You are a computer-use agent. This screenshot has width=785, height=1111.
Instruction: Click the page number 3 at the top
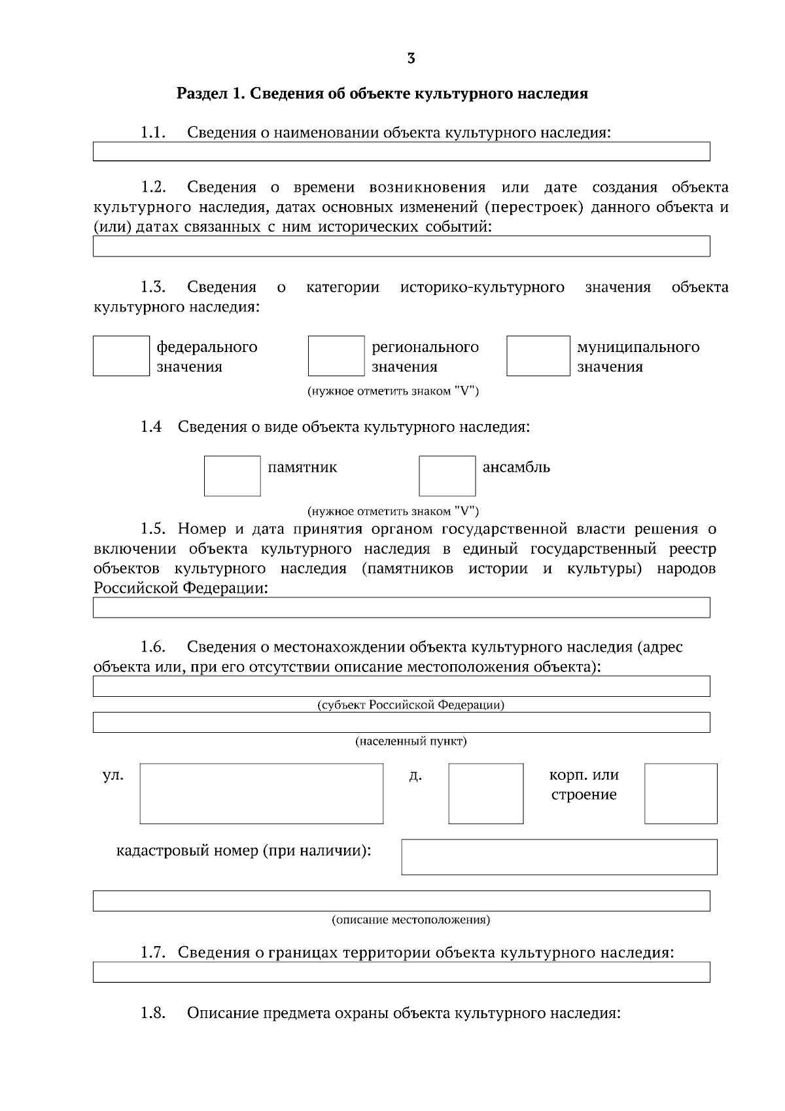point(411,58)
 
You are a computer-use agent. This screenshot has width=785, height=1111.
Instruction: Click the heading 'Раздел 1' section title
point(382,94)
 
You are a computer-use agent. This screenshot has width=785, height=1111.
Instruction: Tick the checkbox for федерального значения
point(121,356)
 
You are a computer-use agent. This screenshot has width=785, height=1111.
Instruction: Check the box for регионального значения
point(336,356)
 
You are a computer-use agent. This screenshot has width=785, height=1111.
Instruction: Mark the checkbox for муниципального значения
point(538,356)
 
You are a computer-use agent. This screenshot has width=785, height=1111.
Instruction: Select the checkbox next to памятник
point(232,476)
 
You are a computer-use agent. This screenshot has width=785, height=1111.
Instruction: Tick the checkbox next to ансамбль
point(447,476)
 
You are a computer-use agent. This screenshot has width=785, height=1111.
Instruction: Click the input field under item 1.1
point(401,151)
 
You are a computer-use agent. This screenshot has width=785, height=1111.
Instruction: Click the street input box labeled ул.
point(261,793)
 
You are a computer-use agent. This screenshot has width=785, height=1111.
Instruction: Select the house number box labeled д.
point(485,793)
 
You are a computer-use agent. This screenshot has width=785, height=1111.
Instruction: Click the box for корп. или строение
point(680,793)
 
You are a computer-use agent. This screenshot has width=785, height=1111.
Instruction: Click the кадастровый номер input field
point(559,856)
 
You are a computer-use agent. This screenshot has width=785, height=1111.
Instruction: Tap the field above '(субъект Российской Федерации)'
point(401,686)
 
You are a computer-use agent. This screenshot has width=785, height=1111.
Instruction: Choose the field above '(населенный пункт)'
point(401,722)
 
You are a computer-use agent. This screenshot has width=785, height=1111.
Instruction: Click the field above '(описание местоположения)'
point(401,900)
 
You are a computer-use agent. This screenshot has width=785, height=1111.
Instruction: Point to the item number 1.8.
point(152,1013)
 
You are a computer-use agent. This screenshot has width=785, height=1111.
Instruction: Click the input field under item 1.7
point(401,972)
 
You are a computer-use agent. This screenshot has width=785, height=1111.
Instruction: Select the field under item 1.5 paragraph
point(401,607)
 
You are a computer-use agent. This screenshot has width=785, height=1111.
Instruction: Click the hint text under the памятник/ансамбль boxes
point(393,511)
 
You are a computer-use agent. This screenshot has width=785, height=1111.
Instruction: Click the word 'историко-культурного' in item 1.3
point(482,287)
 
